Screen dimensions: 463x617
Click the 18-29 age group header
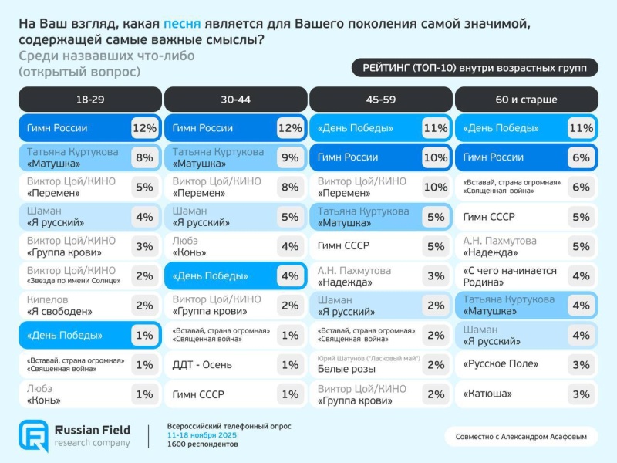pos(89,100)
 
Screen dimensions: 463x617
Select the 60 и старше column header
pos(527,100)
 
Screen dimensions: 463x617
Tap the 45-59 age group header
pos(381,100)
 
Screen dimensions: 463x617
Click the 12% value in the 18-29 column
pos(144,128)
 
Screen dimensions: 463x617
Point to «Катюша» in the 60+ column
pos(487,394)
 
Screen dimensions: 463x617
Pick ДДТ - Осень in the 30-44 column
pos(202,365)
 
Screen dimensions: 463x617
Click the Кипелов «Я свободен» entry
pos(60,306)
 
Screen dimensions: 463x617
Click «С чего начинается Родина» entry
pos(509,276)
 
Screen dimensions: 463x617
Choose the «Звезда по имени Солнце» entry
pos(72,276)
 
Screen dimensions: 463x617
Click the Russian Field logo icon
pos(34,435)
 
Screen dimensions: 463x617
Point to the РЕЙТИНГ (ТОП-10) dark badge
pos(474,68)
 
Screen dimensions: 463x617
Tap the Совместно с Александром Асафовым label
pos(521,437)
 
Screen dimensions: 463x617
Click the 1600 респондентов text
pos(203,444)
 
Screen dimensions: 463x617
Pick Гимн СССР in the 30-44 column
pos(198,394)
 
